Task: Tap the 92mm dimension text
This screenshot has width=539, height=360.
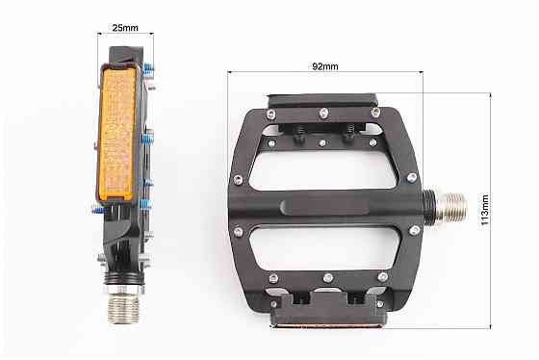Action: click(x=325, y=67)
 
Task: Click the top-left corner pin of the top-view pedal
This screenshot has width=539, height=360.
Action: click(x=270, y=115)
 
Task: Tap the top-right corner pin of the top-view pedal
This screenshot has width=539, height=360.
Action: click(x=376, y=116)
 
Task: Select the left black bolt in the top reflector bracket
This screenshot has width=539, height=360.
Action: click(x=298, y=138)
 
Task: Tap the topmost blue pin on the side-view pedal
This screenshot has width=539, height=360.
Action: click(x=147, y=68)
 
